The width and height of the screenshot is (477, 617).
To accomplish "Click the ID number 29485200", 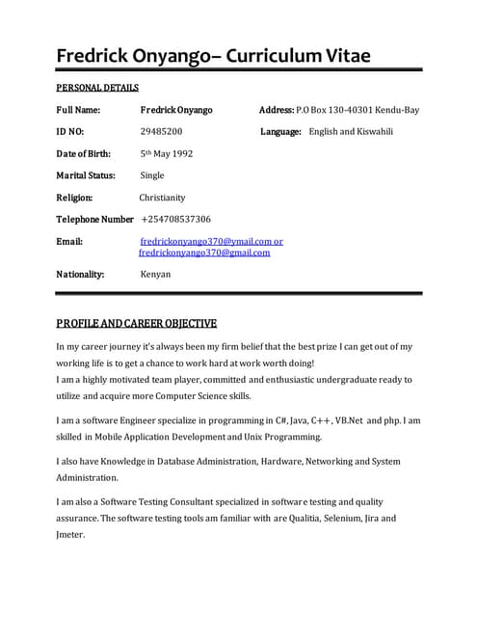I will (161, 131).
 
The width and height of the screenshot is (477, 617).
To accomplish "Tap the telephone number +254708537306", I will (175, 220).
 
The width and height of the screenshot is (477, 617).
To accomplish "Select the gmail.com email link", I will (204, 253).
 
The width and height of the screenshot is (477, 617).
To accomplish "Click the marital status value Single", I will (152, 175).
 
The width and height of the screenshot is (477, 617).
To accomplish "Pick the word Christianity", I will (162, 198).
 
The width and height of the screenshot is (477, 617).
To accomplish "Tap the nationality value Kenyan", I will (155, 275).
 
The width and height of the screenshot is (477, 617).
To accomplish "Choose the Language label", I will (280, 131).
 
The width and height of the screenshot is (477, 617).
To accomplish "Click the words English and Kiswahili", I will (353, 131).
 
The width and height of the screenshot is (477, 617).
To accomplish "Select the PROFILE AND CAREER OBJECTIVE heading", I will (136, 323).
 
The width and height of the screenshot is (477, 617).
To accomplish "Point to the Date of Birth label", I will (84, 153).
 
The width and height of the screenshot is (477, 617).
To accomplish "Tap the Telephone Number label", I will (94, 220).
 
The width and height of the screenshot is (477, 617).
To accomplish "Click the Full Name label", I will (80, 110).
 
